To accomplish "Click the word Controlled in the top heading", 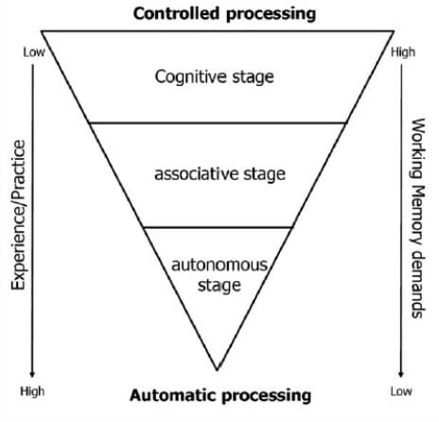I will click(175, 13).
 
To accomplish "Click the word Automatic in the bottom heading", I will click(169, 394).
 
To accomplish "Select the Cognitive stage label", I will click(215, 77).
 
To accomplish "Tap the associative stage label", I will click(219, 174).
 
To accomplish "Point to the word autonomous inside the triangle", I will click(219, 266).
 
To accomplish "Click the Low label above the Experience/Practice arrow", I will click(33, 52).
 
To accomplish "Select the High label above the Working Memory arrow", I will click(402, 52).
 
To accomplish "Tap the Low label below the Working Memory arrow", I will click(401, 390).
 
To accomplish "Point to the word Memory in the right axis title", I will click(419, 206).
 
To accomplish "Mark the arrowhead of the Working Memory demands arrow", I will click(402, 374).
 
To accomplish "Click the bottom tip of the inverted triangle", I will click(217, 369).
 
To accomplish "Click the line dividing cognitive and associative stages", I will click(217, 122).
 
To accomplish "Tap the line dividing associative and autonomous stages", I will click(217, 227).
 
